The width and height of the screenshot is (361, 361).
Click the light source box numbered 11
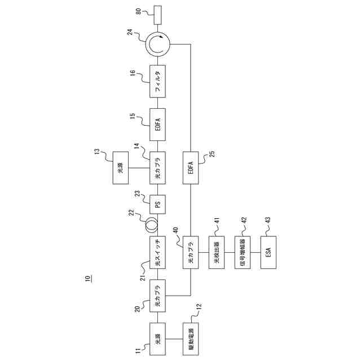(158, 339)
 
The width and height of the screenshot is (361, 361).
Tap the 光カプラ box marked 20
(158, 295)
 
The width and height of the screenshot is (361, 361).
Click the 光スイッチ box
(158, 253)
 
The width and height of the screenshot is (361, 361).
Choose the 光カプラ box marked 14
(158, 168)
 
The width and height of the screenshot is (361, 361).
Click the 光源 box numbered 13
(121, 168)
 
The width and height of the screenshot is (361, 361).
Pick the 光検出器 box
(217, 253)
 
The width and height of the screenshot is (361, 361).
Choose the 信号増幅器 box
(243, 253)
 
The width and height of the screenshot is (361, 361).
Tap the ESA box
(269, 253)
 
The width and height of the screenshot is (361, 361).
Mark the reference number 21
(143, 275)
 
